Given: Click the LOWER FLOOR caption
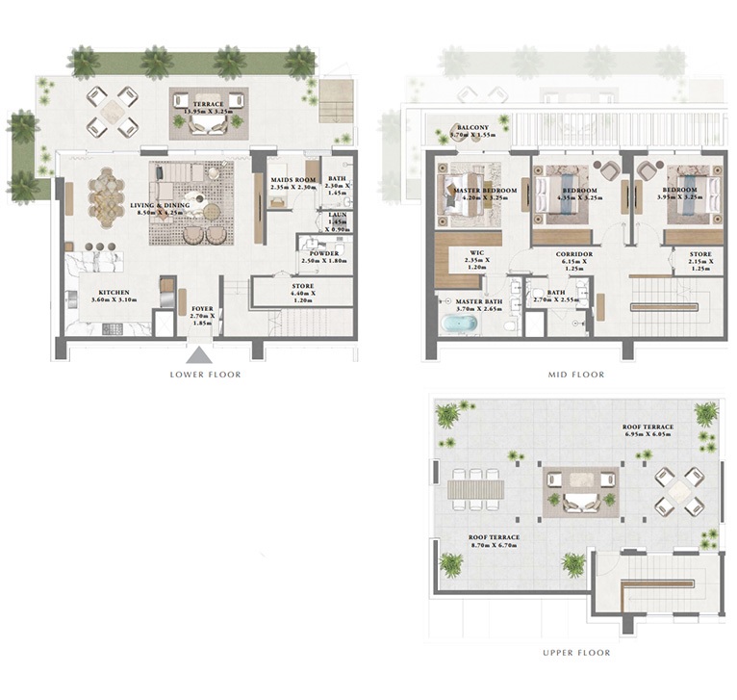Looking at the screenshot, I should point(205,374).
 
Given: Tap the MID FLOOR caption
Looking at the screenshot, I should point(576,374).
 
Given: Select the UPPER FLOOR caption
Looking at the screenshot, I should point(576,653).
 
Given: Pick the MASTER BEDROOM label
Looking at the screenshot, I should point(485,191).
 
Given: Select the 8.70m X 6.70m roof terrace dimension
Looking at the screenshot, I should point(494,546).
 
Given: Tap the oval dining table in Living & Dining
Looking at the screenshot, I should point(106,197).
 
